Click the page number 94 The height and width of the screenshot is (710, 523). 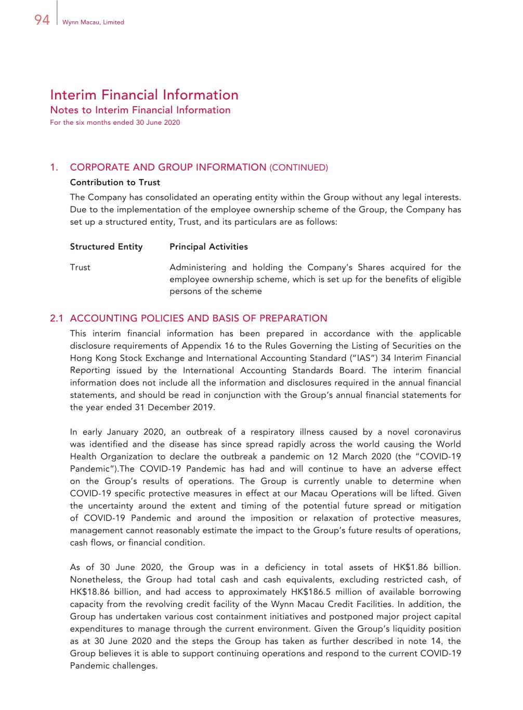(x=42, y=20)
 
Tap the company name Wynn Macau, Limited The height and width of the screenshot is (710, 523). (x=93, y=22)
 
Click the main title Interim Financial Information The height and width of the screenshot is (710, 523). (x=144, y=95)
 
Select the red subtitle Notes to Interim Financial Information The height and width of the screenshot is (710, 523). (x=140, y=110)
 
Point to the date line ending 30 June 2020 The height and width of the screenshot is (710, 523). (x=115, y=123)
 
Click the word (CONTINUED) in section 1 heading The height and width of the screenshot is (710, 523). (x=298, y=167)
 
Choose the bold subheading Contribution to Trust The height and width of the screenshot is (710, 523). (x=115, y=183)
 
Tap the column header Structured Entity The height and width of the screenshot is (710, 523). (x=106, y=247)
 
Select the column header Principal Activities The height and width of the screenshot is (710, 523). (x=208, y=247)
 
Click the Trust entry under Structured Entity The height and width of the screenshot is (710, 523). (x=80, y=267)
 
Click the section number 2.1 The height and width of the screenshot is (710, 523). (x=57, y=318)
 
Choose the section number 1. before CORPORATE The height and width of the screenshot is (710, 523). (x=54, y=167)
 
